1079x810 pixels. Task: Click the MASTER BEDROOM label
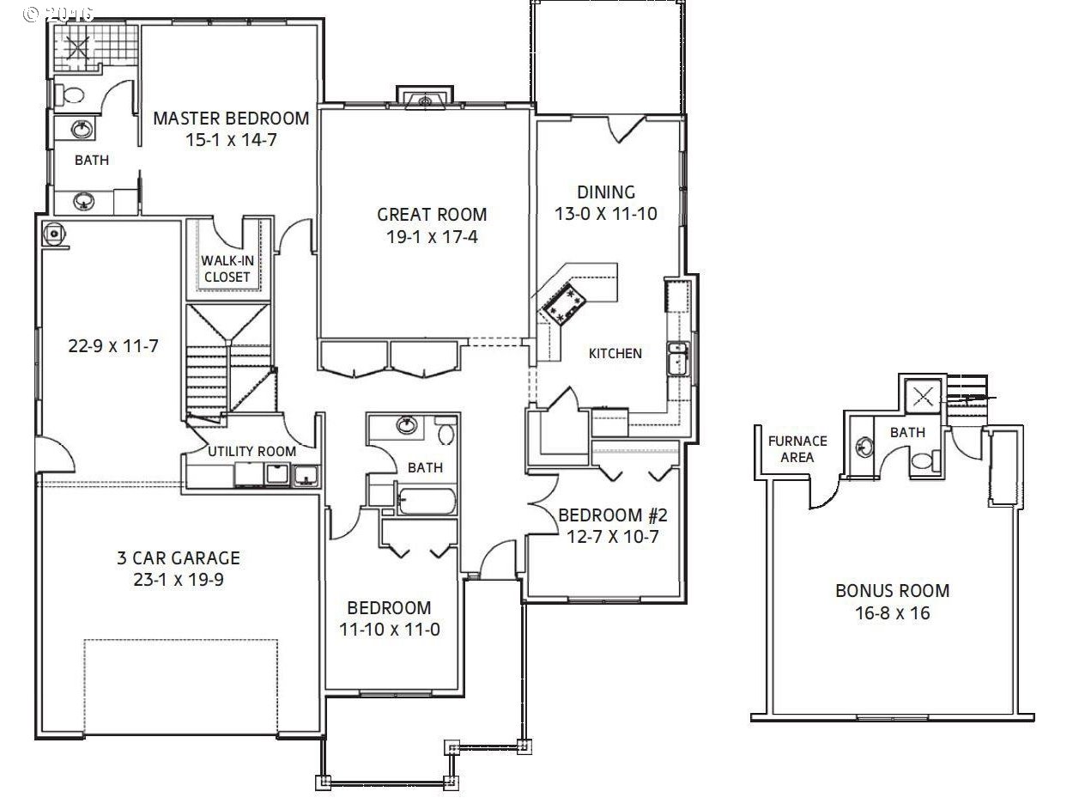click(x=231, y=119)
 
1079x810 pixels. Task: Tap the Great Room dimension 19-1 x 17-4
click(x=432, y=237)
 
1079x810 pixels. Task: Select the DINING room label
click(x=606, y=192)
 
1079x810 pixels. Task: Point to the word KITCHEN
click(x=615, y=353)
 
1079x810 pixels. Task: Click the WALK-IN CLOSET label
click(x=227, y=269)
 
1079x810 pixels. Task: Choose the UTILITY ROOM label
click(x=252, y=451)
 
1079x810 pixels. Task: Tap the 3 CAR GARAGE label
click(x=179, y=557)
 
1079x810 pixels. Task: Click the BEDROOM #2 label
click(x=613, y=515)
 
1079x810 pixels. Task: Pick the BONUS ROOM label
click(x=892, y=590)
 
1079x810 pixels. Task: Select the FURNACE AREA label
click(x=797, y=449)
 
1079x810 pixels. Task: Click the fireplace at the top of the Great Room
click(x=425, y=99)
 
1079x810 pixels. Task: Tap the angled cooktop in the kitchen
click(x=564, y=306)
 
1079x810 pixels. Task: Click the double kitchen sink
click(x=678, y=359)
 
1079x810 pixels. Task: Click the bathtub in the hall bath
click(x=427, y=501)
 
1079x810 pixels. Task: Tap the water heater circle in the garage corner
click(x=53, y=233)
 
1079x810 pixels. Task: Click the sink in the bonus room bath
click(x=864, y=447)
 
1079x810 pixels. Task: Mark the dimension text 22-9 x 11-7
click(x=113, y=346)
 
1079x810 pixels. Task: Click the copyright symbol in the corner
click(x=31, y=15)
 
